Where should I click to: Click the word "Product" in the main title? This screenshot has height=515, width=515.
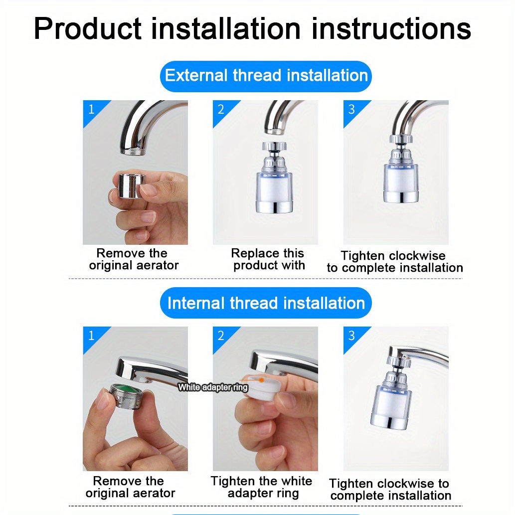(88, 29)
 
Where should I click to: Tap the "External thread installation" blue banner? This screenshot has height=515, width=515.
(266, 76)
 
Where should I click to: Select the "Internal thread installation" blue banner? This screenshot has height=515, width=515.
(266, 303)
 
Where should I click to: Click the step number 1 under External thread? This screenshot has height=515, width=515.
(91, 109)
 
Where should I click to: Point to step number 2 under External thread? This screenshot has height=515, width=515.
(221, 109)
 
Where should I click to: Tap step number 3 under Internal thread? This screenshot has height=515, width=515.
(351, 336)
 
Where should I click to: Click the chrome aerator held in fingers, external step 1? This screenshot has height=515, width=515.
(129, 185)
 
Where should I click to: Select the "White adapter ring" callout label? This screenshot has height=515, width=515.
(213, 387)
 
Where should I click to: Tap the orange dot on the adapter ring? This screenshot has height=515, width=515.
(261, 380)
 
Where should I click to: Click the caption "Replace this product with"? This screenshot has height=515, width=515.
(268, 259)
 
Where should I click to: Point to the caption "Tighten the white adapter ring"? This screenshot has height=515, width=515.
(262, 487)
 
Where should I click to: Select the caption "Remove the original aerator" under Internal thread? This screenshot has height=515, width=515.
(130, 487)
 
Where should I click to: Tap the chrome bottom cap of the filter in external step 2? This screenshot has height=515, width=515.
(274, 206)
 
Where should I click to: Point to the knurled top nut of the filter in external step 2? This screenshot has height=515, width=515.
(274, 146)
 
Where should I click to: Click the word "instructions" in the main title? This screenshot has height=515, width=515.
(391, 29)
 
